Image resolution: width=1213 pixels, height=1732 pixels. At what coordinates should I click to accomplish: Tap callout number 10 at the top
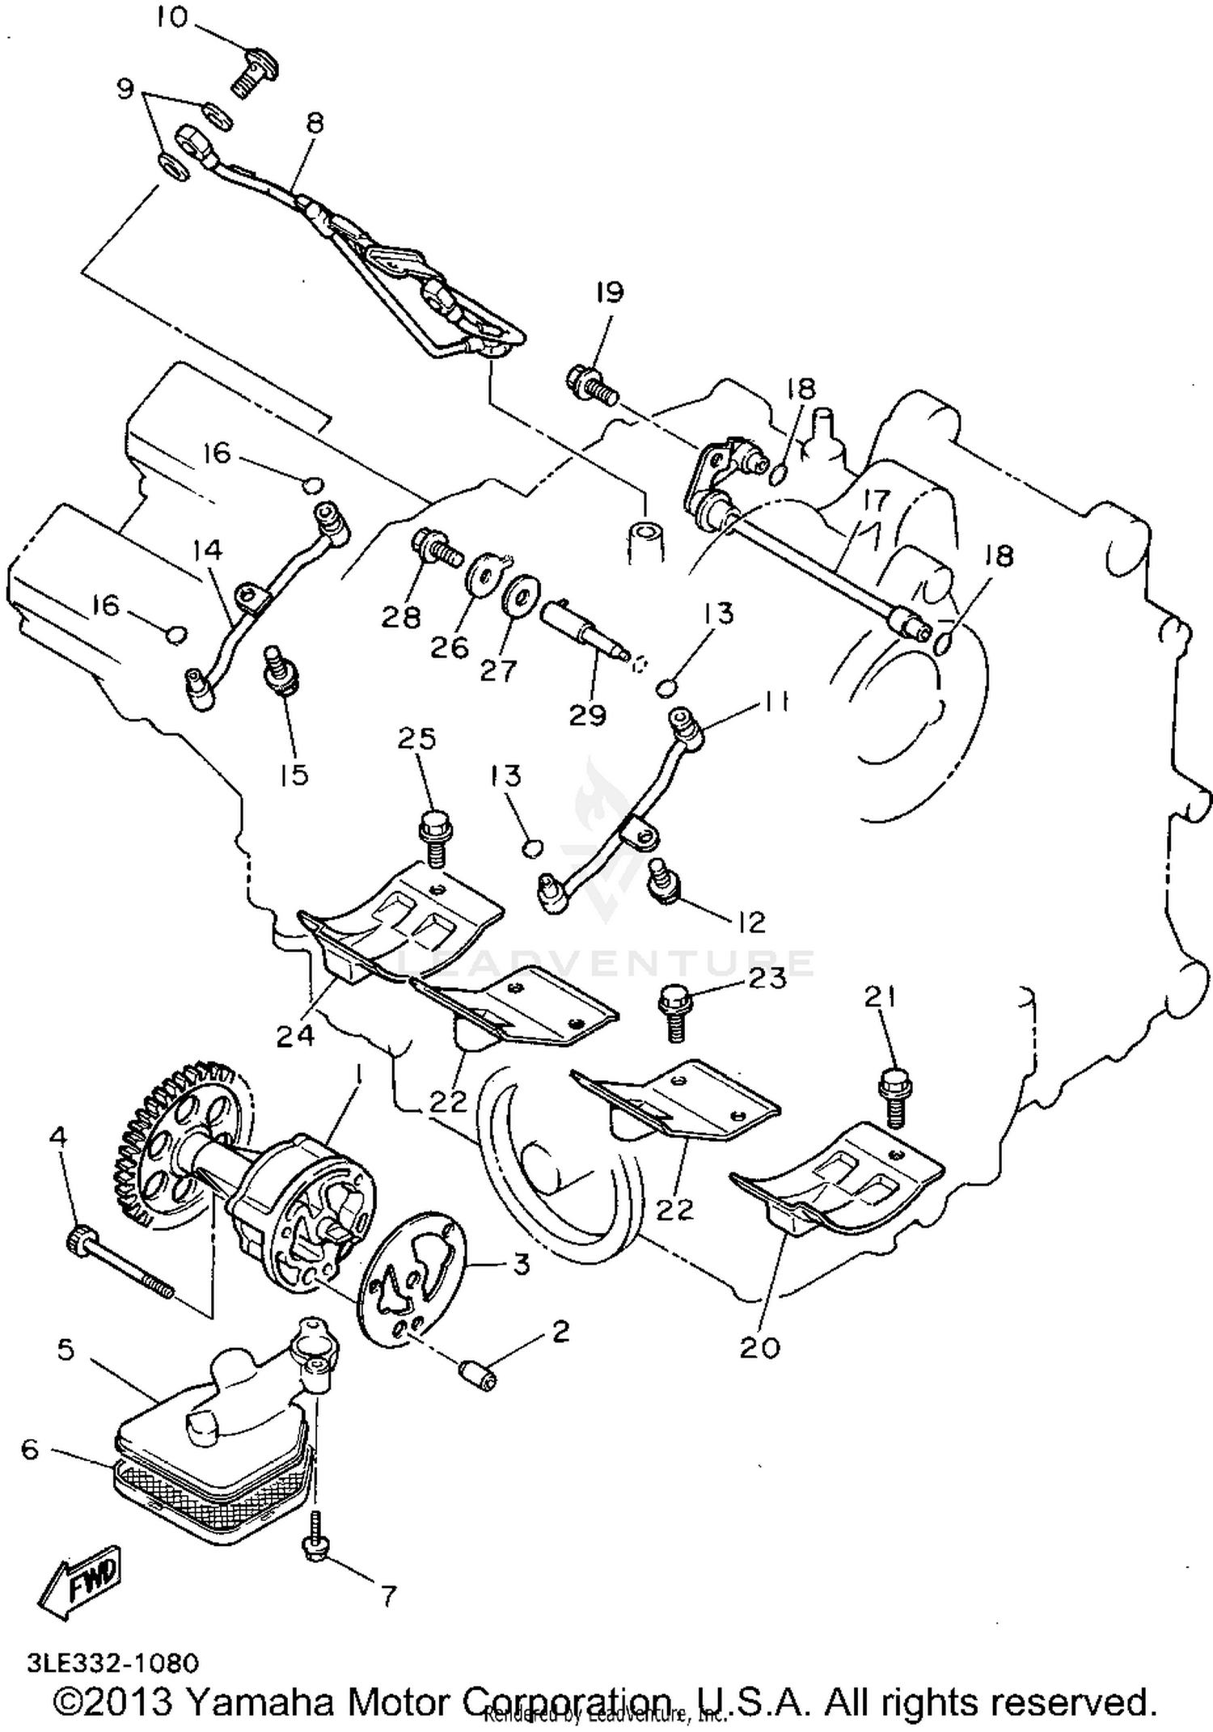(x=172, y=17)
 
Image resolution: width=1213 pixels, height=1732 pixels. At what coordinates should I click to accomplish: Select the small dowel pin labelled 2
(x=478, y=1374)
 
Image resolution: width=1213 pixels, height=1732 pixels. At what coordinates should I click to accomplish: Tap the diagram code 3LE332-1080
(x=112, y=1663)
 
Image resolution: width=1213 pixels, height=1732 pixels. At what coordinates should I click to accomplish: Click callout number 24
(x=294, y=1037)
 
